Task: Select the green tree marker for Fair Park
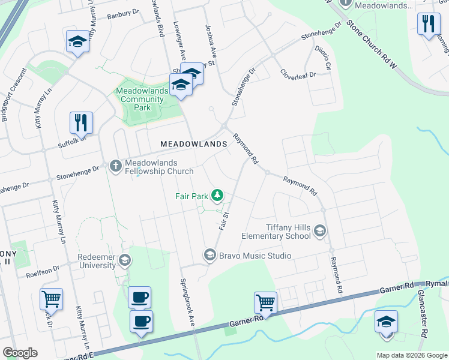(x=217, y=195)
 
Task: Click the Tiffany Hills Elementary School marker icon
(x=320, y=230)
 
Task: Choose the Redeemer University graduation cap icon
(x=124, y=260)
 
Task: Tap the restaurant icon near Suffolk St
(x=80, y=122)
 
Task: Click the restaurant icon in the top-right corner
(x=428, y=24)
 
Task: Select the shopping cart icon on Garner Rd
(x=265, y=302)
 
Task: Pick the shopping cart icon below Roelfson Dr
(x=51, y=298)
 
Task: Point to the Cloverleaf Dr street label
(x=305, y=75)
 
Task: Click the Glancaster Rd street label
(x=424, y=324)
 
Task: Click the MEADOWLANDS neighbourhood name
(x=193, y=144)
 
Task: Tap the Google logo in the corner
(x=20, y=353)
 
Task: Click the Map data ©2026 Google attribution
(x=411, y=355)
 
